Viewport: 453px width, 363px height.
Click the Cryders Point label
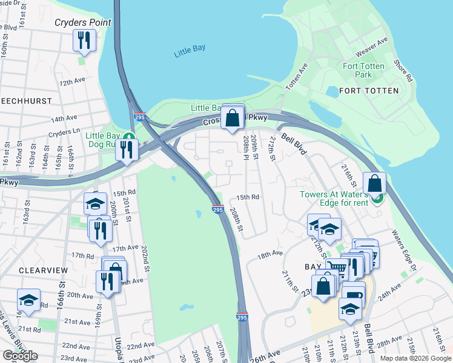82,22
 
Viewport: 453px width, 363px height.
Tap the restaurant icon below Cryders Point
84,41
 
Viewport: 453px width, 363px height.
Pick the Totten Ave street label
297,76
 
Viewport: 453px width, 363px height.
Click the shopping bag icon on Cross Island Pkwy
233,118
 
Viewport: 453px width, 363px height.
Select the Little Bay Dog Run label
104,140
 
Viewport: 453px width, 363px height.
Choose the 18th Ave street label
269,255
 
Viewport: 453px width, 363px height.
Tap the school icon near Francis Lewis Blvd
28,299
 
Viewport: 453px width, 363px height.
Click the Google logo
20,356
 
